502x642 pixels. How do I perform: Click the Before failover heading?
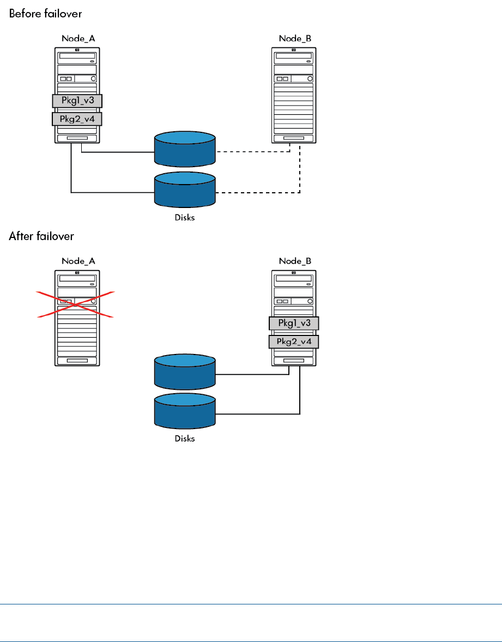tap(45, 12)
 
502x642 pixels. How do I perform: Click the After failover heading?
tap(41, 236)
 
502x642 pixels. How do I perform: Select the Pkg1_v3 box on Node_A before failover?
tap(77, 101)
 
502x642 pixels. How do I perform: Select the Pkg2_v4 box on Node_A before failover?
tap(77, 119)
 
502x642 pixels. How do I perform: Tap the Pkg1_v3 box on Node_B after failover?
tap(294, 323)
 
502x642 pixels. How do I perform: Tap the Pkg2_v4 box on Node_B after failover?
tap(294, 342)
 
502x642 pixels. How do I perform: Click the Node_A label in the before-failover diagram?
tap(77, 39)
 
